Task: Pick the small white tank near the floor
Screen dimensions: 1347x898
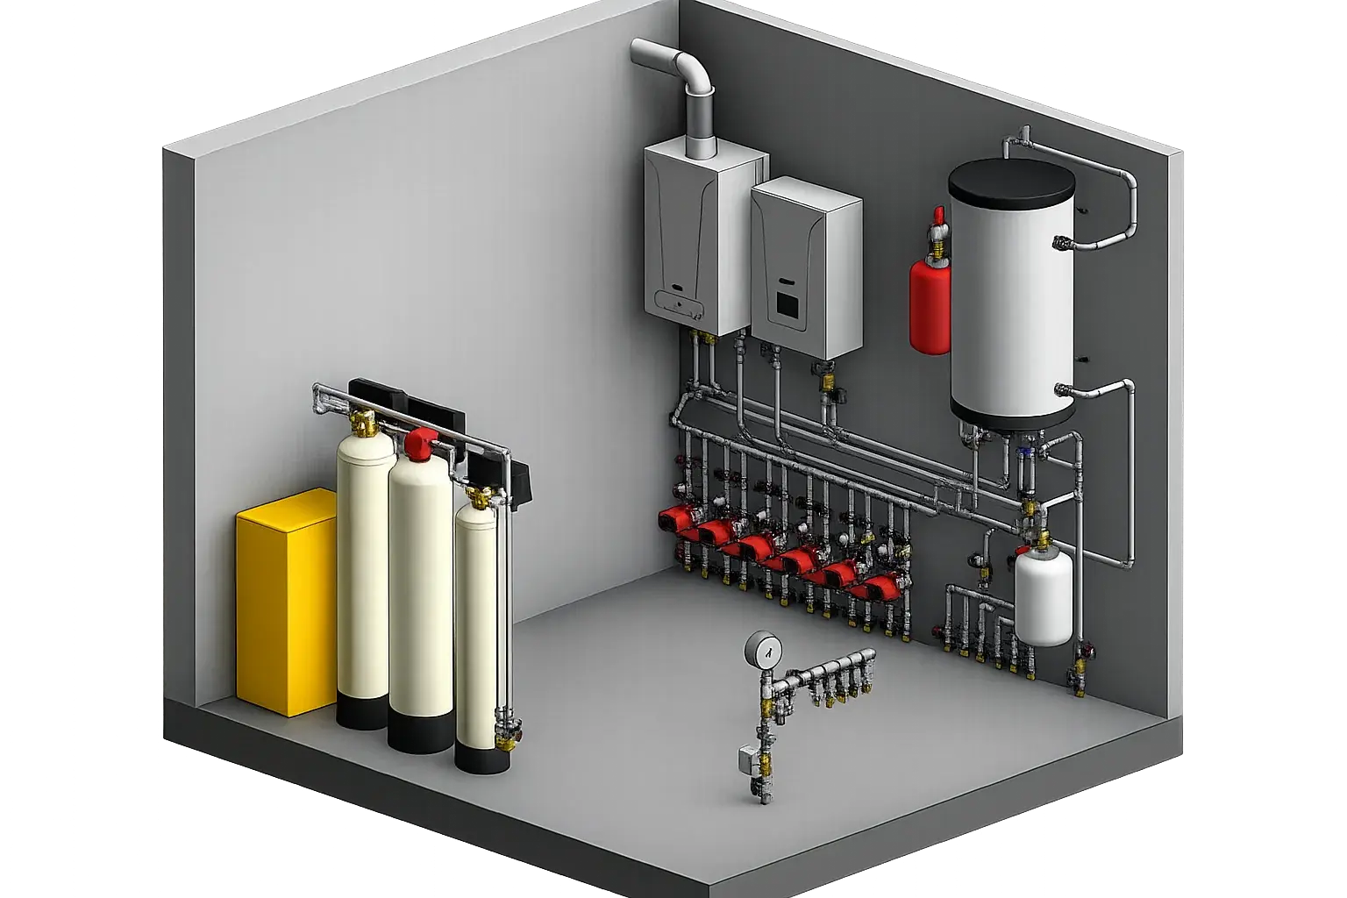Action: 1044,597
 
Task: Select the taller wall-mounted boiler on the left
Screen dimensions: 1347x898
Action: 693,237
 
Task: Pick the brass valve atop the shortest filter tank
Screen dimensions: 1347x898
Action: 479,498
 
